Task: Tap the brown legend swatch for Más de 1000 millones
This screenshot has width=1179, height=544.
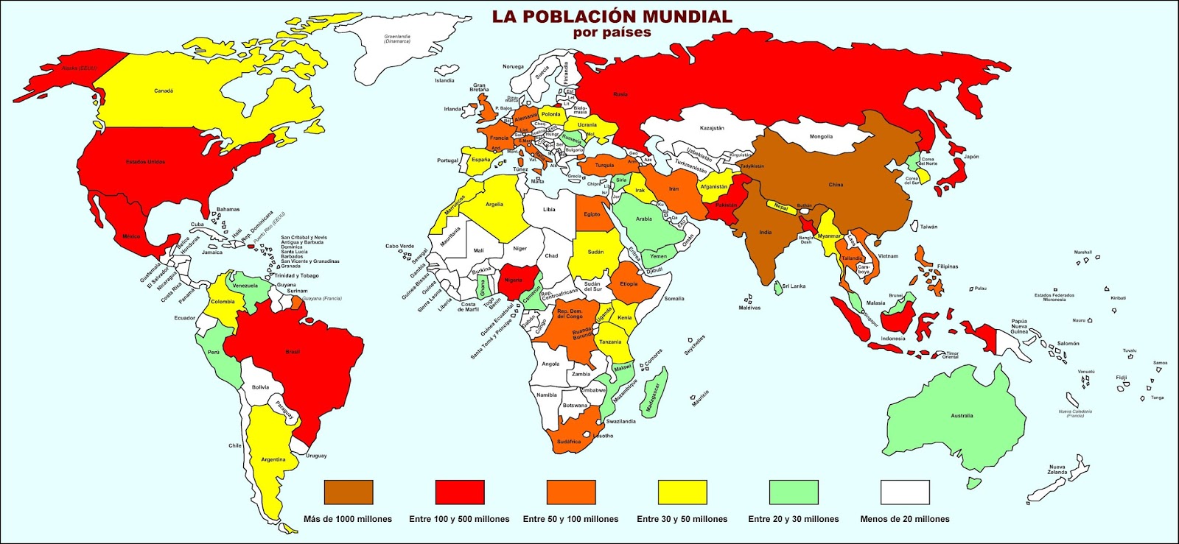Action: tap(349, 492)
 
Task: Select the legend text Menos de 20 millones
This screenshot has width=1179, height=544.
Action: tap(904, 519)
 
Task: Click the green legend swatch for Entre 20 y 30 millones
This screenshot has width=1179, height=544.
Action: tap(794, 492)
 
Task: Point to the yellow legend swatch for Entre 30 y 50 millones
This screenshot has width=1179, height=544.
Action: tap(682, 492)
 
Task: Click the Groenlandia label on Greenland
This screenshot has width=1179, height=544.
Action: tap(397, 38)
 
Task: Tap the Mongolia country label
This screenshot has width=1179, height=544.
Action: tap(821, 136)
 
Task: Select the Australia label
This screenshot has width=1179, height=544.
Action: tap(962, 416)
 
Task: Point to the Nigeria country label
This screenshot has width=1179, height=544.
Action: tap(513, 280)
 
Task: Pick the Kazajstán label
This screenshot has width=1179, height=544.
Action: tap(712, 128)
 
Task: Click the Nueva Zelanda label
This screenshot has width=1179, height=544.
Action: tap(1057, 470)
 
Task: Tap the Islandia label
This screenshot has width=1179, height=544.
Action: tap(444, 81)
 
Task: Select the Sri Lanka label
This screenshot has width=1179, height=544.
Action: tap(794, 286)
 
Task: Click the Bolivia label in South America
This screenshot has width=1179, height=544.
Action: tap(260, 387)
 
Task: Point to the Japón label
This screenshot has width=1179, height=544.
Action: tap(971, 157)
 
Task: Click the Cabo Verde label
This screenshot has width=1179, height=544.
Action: tap(399, 247)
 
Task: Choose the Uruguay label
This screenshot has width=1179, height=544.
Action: tap(316, 456)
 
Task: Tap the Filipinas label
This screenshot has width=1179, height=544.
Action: tap(948, 266)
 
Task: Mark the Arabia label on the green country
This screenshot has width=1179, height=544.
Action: tap(643, 219)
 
